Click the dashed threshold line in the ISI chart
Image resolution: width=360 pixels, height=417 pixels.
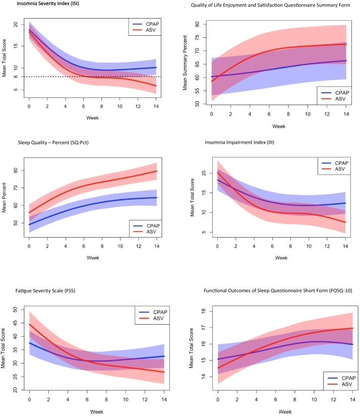[x=101, y=77]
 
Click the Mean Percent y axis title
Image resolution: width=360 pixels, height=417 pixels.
[x=6, y=200]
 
